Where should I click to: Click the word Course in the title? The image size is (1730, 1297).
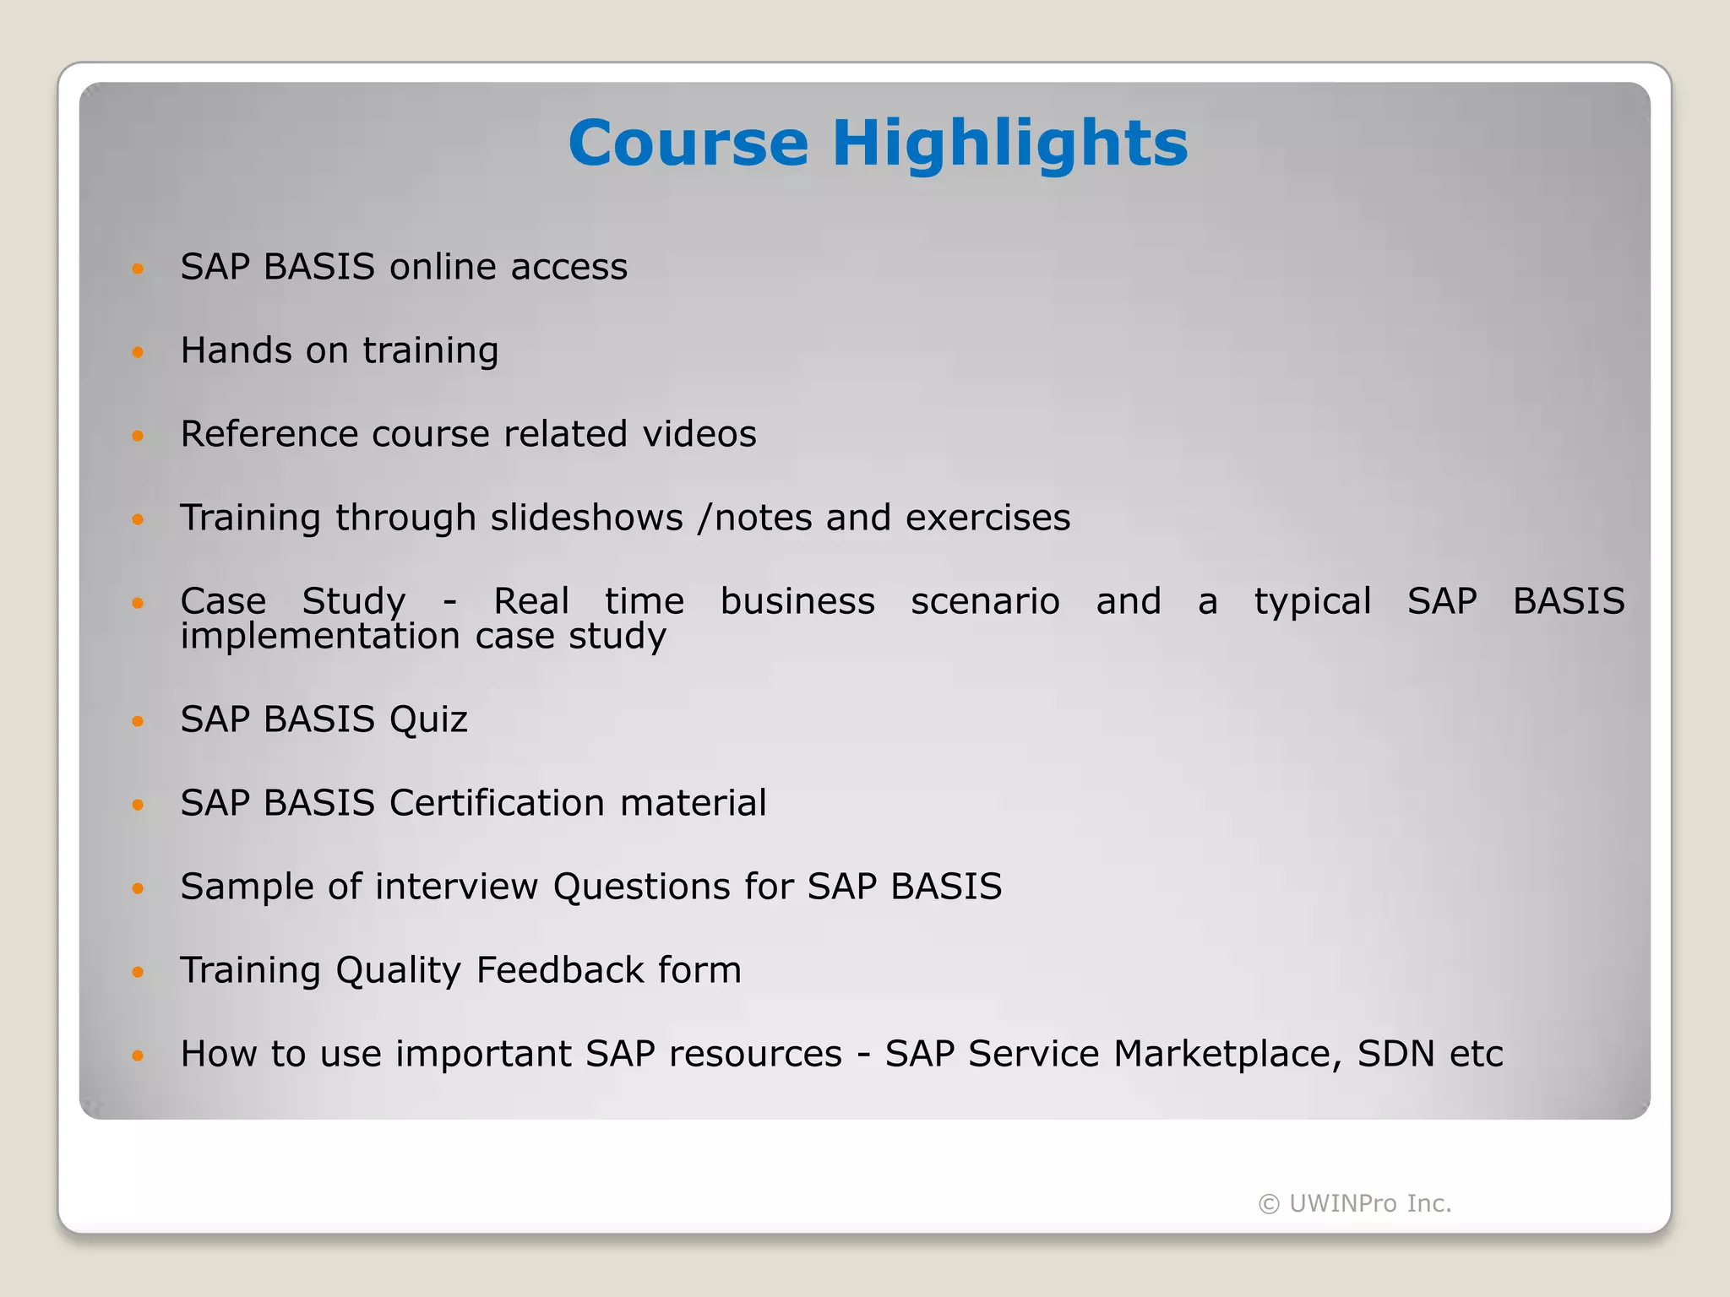click(x=688, y=143)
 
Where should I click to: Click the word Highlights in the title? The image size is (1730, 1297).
click(x=1009, y=143)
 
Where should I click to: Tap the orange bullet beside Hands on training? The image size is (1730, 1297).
click(x=138, y=352)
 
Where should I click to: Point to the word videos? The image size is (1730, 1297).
click(x=699, y=434)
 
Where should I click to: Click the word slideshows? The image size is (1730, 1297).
click(x=586, y=518)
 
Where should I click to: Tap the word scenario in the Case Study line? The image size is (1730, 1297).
click(x=985, y=601)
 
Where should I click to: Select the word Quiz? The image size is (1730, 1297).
click(x=428, y=719)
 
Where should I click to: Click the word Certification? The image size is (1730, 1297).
click(x=497, y=803)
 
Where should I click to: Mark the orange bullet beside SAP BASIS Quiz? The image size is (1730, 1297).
click(x=138, y=721)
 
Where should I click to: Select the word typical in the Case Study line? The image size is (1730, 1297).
click(x=1312, y=601)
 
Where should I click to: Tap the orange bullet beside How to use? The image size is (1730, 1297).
click(x=138, y=1056)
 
